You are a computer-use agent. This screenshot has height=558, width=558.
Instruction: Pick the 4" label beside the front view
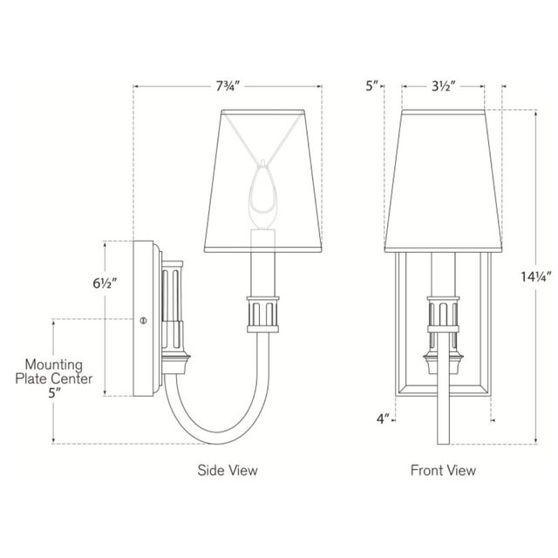click(x=382, y=419)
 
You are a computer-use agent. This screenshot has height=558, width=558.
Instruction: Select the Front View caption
click(x=444, y=471)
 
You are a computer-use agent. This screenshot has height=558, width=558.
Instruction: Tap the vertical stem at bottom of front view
click(x=444, y=410)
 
